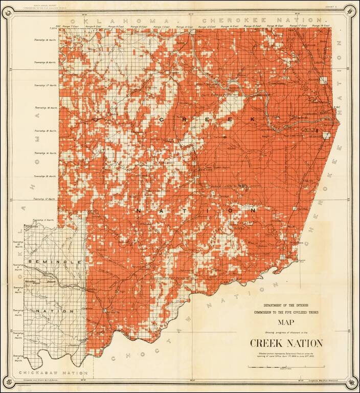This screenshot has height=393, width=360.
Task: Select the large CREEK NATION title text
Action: point(286,343)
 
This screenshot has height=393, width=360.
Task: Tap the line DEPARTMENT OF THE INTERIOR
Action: point(285,306)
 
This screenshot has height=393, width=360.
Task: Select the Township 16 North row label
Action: point(44,108)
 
